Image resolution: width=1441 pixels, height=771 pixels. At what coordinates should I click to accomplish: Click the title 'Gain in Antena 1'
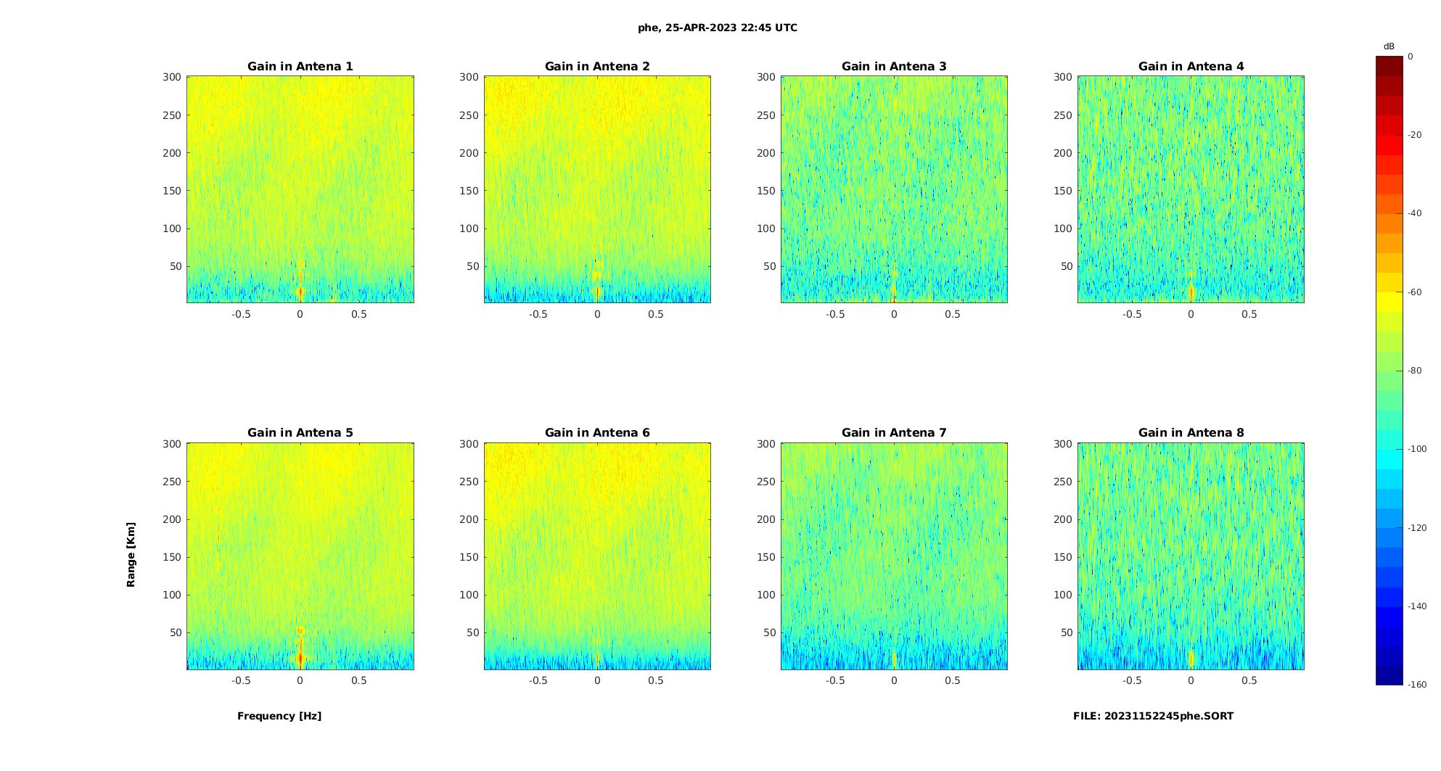[300, 67]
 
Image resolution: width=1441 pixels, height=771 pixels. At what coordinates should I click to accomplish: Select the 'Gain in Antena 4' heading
[1191, 67]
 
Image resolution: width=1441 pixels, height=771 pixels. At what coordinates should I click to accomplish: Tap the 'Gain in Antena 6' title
[597, 433]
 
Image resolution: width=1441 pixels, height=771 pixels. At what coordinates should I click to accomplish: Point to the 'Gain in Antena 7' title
[894, 433]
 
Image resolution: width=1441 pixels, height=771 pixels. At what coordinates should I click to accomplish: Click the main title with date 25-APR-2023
[718, 28]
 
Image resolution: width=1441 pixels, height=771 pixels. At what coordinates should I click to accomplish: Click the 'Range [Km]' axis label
[131, 554]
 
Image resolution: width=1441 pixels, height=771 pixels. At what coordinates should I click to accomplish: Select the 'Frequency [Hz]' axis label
[279, 716]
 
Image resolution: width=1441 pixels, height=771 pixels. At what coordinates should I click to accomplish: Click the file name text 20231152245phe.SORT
[1153, 716]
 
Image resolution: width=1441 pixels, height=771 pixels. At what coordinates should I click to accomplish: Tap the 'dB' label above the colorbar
[1389, 46]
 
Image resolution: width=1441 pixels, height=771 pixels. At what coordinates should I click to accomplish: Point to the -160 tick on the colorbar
[1417, 685]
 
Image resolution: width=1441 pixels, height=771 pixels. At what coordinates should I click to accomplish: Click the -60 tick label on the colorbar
[1415, 292]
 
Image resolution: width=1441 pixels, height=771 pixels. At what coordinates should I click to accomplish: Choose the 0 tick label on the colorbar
[1411, 57]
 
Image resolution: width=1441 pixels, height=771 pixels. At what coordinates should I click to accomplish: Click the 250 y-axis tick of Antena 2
[469, 115]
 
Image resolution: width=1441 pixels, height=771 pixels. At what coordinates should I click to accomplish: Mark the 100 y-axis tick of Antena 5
[173, 595]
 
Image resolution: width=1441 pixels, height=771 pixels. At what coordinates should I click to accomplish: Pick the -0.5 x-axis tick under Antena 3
[835, 315]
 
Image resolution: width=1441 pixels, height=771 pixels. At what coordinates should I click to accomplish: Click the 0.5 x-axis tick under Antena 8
[1249, 681]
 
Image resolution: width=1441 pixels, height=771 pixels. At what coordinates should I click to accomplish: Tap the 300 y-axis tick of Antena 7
[766, 444]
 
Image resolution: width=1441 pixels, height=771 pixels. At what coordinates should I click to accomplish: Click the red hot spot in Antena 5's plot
[300, 659]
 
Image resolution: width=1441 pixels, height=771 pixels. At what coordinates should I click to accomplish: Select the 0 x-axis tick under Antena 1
[300, 315]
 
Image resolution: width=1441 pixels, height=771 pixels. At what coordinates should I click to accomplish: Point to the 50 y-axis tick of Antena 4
[1066, 266]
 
